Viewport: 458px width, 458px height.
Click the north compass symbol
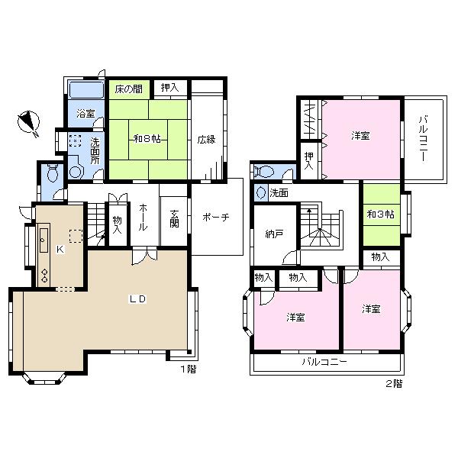(x=29, y=123)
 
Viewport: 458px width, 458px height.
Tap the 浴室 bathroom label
(x=85, y=113)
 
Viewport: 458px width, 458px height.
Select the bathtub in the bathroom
(x=86, y=89)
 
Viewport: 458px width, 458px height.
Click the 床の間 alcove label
(x=129, y=89)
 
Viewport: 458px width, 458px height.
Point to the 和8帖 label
(x=147, y=138)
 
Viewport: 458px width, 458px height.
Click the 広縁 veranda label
(x=206, y=140)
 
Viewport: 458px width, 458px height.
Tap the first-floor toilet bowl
(x=53, y=173)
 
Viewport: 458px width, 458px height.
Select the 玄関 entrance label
(x=174, y=218)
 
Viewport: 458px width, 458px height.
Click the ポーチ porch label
(x=216, y=217)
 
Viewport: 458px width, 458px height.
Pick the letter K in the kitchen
(x=60, y=249)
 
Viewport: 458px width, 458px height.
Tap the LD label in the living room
(x=137, y=298)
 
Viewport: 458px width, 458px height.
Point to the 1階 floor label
(x=189, y=369)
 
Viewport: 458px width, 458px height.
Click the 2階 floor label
(x=394, y=383)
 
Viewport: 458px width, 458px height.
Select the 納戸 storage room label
(x=274, y=234)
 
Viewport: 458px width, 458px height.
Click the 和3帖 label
(x=381, y=214)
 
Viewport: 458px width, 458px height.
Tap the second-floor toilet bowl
(x=263, y=172)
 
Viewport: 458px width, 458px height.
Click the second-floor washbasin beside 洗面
(x=261, y=193)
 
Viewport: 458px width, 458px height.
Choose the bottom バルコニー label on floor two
(x=324, y=362)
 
